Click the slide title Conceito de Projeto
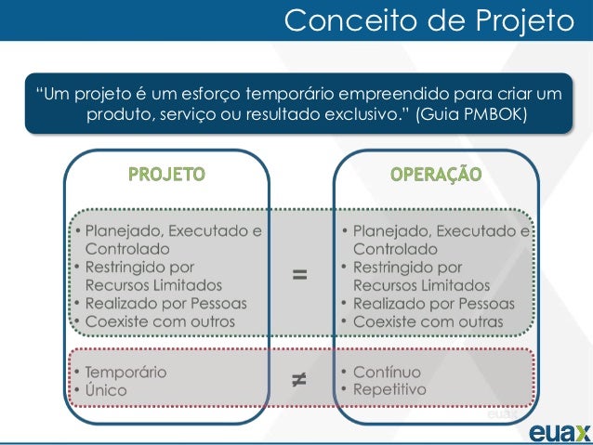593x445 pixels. (x=428, y=20)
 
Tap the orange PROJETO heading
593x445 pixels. (x=167, y=174)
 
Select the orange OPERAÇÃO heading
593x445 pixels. (x=435, y=174)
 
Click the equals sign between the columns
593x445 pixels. (x=299, y=274)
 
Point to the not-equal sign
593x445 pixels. (x=299, y=378)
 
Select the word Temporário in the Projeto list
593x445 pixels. (x=126, y=372)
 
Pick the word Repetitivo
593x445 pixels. (x=389, y=390)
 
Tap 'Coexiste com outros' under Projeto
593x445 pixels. (x=160, y=321)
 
